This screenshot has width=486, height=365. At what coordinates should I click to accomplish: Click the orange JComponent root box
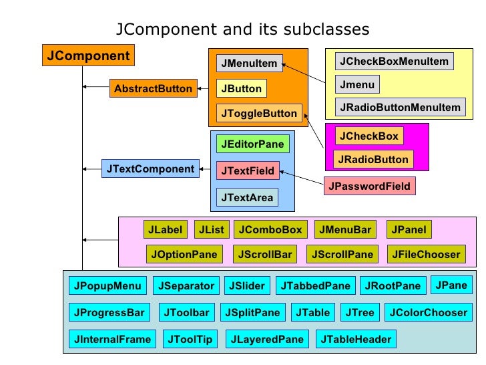coord(89,55)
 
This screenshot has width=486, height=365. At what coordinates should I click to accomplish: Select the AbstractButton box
coord(153,88)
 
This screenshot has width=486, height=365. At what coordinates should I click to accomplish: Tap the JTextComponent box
coord(150,169)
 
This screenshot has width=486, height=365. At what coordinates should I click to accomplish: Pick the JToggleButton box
coord(259,113)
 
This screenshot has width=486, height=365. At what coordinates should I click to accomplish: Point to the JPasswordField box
coord(370,186)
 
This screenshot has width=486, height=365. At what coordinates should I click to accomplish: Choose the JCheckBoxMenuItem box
coord(394,62)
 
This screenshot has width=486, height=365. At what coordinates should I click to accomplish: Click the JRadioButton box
coord(373,160)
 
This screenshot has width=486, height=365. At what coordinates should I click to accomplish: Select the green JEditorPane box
coord(252,144)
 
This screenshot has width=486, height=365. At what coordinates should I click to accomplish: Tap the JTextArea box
coord(247,198)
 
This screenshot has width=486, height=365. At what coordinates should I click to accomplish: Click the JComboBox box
coord(270,230)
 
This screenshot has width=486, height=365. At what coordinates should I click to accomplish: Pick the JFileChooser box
coord(426,254)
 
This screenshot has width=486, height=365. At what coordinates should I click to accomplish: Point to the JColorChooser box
coord(428,312)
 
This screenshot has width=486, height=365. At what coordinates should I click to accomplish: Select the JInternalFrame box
coord(113,339)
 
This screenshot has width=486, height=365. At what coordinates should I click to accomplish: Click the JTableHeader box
coord(356,339)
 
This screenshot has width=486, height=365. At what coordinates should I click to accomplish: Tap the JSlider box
coord(247,286)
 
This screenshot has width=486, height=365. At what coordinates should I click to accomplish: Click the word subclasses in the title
coord(326,29)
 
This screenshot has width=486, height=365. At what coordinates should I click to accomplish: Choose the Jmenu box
coord(357,85)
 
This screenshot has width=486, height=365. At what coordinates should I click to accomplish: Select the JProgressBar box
coord(109,312)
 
